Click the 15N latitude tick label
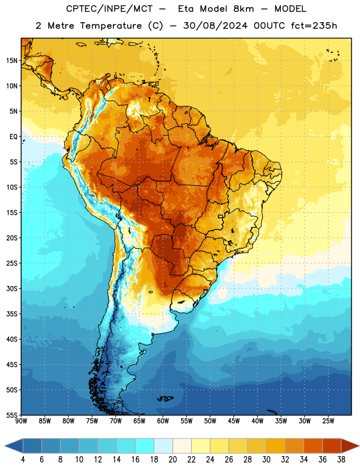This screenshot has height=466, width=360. (x=12, y=61)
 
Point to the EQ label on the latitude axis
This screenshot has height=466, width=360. (x=13, y=137)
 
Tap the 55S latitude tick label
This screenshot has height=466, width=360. (x=12, y=415)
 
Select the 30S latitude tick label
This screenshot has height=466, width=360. (x=12, y=288)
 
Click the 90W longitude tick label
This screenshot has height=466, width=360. (x=22, y=421)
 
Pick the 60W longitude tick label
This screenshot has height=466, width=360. (x=163, y=421)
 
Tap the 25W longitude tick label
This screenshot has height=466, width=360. (x=329, y=421)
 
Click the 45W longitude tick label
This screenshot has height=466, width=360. (x=234, y=421)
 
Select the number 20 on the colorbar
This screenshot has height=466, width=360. (x=172, y=460)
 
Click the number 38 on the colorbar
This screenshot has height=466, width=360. (x=341, y=460)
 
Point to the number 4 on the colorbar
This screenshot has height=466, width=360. (x=23, y=460)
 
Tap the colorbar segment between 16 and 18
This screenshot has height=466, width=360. (x=145, y=446)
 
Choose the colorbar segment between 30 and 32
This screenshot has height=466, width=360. (x=276, y=446)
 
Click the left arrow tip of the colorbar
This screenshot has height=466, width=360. (x=5, y=446)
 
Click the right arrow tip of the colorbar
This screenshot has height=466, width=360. (x=359, y=446)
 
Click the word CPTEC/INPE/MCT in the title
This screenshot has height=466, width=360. (x=110, y=9)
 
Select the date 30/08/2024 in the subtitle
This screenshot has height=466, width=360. (x=215, y=26)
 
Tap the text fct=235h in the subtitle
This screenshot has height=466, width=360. (x=314, y=26)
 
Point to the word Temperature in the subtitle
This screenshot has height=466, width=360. (x=111, y=26)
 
